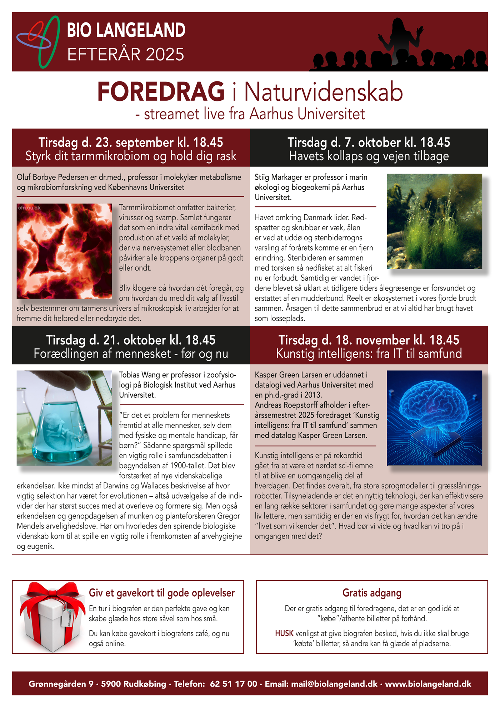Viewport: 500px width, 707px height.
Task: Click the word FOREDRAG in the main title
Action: (x=161, y=92)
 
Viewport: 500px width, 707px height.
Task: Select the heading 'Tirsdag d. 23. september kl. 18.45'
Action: (x=131, y=142)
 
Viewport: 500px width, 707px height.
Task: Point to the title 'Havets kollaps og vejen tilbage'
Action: (x=369, y=156)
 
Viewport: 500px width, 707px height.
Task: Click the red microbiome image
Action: (x=64, y=251)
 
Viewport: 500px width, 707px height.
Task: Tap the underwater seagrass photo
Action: (x=434, y=221)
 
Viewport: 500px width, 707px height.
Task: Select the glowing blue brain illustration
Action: (x=434, y=411)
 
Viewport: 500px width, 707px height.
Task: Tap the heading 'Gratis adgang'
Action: (x=372, y=593)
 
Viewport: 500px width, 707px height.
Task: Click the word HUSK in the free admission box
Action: (x=284, y=633)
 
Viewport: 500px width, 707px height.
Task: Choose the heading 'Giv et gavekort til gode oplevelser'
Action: (x=162, y=593)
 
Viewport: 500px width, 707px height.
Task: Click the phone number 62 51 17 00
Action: (x=234, y=684)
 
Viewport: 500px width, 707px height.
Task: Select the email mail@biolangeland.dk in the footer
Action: (x=334, y=684)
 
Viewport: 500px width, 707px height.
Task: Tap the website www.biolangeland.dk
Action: (x=428, y=684)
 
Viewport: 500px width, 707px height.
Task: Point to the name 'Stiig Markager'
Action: (x=280, y=177)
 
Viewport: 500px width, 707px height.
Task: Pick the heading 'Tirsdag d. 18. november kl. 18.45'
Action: (x=369, y=340)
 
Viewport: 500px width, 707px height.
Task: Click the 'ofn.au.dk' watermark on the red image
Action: (x=30, y=208)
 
